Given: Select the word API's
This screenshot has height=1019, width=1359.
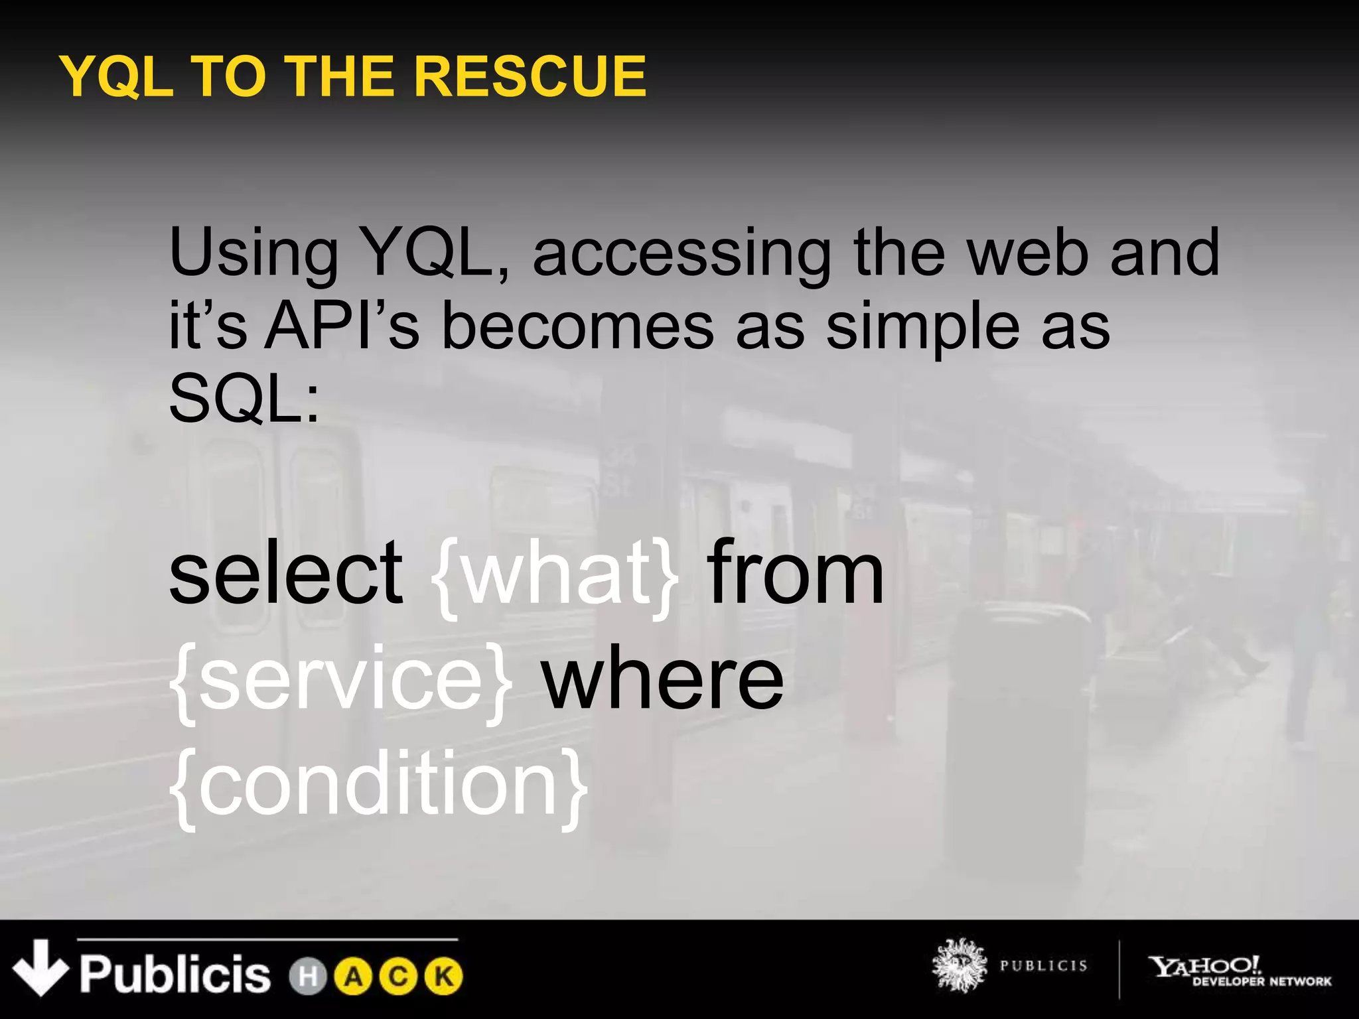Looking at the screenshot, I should (x=342, y=326).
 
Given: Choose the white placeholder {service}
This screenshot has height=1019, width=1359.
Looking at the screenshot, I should (x=342, y=680).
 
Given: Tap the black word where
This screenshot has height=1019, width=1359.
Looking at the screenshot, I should (x=664, y=680).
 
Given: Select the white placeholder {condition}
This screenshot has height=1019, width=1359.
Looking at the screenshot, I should (x=379, y=786).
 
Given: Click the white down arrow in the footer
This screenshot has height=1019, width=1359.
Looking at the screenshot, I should (x=40, y=967).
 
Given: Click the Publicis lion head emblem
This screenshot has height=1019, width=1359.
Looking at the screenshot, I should (x=959, y=965).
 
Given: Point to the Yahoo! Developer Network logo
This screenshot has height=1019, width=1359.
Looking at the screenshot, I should (x=1240, y=971).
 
